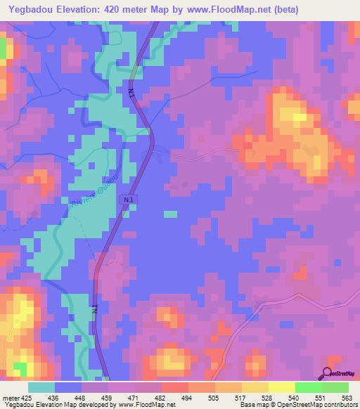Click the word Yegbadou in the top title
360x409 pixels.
[x=34, y=10]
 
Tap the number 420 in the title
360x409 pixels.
[x=125, y=10]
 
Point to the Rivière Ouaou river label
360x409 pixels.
[x=96, y=186]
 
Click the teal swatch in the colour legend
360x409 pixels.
[x=41, y=387]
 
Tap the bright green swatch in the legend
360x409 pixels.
[x=308, y=387]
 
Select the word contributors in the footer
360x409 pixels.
[x=340, y=405]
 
